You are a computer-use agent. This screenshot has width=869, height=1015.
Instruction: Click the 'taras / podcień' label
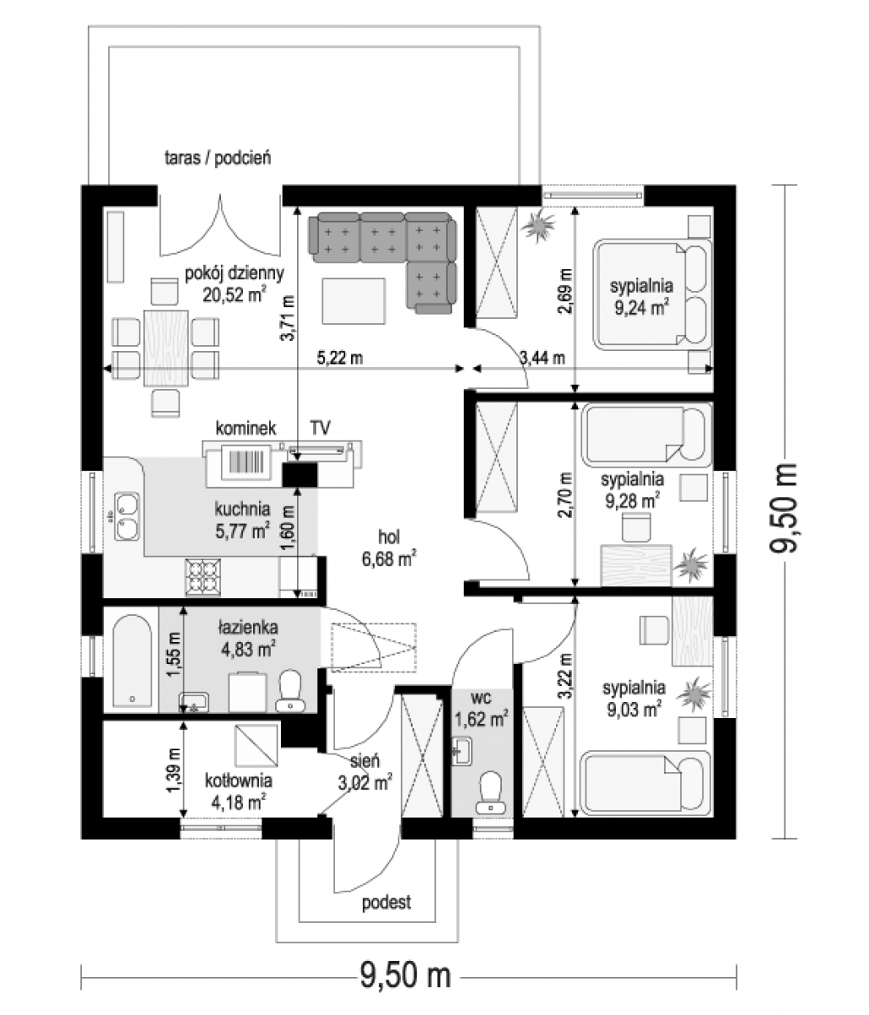[218, 158]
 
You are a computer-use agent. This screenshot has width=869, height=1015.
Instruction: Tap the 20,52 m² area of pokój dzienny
[234, 294]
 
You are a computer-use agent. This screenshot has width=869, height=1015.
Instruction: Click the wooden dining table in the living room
[166, 348]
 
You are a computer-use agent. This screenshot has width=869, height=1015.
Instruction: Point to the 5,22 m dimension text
[339, 358]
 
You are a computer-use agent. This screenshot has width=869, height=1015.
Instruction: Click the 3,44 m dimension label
[542, 358]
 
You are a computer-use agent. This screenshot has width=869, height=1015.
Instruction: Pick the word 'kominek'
[245, 428]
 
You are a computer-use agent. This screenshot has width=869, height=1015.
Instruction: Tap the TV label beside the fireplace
[320, 428]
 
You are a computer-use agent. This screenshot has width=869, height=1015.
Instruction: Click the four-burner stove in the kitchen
[202, 578]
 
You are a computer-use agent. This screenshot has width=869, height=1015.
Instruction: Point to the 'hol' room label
[388, 537]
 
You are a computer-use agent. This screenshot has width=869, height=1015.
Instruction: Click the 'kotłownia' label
[239, 780]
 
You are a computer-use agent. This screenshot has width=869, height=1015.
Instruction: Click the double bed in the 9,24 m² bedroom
[652, 294]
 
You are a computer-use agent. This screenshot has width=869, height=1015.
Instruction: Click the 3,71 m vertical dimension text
[289, 317]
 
